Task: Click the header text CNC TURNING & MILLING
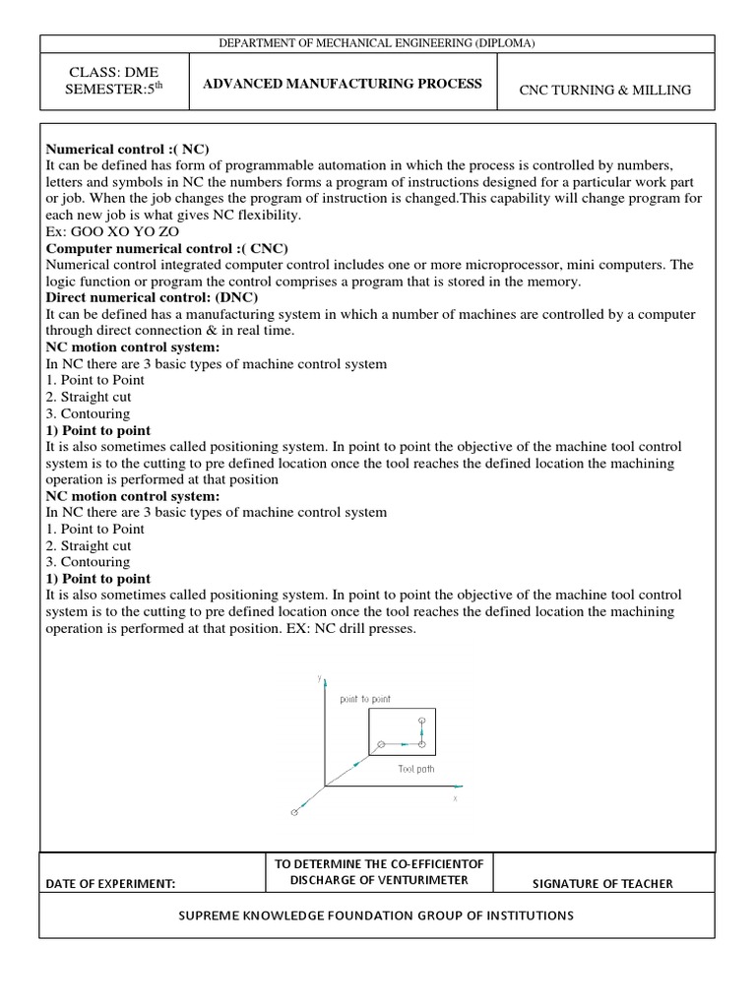click(605, 91)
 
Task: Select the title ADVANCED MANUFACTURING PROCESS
click(342, 84)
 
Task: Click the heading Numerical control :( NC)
click(128, 149)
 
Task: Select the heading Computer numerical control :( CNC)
click(167, 247)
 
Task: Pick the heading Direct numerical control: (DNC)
click(153, 296)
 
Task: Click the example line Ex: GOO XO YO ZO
click(112, 231)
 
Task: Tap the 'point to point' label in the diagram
click(365, 699)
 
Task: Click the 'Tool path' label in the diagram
click(415, 769)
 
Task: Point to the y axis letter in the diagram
click(320, 677)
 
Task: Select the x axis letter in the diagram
click(455, 799)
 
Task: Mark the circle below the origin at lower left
click(293, 812)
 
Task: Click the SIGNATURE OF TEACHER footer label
click(602, 884)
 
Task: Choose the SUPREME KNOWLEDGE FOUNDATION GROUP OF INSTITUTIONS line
click(375, 915)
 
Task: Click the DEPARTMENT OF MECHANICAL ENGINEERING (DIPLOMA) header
click(377, 43)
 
